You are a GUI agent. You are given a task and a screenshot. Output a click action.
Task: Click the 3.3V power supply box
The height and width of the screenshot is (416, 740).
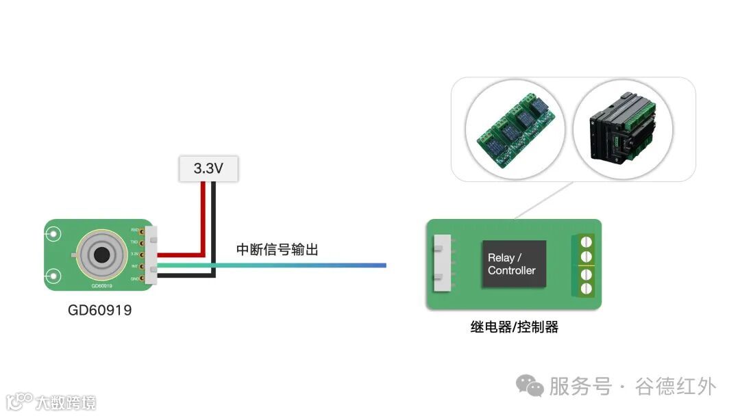209,168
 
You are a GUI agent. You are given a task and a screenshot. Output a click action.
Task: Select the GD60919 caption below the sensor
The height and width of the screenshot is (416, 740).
99,310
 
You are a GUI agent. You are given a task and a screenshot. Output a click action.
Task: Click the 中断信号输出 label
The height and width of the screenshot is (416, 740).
277,250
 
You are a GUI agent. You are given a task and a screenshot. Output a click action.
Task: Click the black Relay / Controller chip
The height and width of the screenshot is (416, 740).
513,264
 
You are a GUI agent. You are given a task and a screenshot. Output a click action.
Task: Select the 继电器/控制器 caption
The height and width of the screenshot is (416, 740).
514,327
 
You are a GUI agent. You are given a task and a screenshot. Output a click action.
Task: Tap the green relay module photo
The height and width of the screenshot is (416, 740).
515,129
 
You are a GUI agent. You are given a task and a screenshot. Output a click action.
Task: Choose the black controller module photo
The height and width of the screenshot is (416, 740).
623,129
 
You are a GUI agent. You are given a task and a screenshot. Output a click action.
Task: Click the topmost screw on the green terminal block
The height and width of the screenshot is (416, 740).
586,241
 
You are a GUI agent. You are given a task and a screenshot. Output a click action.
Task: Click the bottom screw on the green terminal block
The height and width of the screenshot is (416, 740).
586,288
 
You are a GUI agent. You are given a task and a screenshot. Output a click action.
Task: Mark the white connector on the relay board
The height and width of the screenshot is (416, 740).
443,263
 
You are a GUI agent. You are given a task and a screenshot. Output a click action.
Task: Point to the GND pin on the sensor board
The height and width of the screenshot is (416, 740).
142,278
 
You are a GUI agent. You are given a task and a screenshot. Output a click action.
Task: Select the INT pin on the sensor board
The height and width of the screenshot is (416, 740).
142,266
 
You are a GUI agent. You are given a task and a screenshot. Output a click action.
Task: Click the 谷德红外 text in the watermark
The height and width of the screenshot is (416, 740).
676,387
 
